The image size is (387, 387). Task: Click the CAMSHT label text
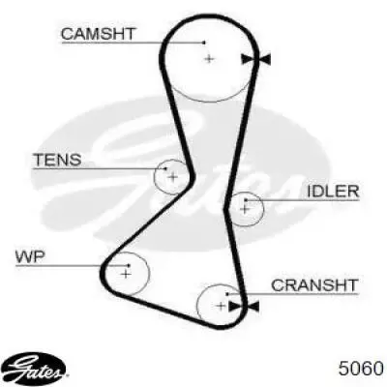tap(99, 34)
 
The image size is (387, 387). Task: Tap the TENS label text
tap(58, 160)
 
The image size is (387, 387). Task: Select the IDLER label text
tap(333, 192)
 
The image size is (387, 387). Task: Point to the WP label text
tap(31, 257)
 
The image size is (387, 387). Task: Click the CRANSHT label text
tap(314, 285)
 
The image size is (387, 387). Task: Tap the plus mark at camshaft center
tap(209, 59)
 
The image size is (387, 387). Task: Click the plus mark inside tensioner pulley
tap(173, 177)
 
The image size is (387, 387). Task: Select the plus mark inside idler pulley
tap(245, 209)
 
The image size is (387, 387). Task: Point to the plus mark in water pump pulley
tap(126, 274)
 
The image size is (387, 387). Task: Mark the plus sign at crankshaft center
tap(221, 306)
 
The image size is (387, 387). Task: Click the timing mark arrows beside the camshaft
tap(255, 59)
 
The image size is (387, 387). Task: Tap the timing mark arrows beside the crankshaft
tap(244, 307)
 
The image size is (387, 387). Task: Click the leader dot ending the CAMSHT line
tap(204, 43)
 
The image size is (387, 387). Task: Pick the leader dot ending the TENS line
tap(166, 168)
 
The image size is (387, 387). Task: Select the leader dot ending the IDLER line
tap(246, 200)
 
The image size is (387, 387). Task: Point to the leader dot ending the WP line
tap(129, 265)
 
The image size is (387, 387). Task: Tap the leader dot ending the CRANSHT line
tap(227, 294)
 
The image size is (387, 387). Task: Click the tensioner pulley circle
tap(155, 177)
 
